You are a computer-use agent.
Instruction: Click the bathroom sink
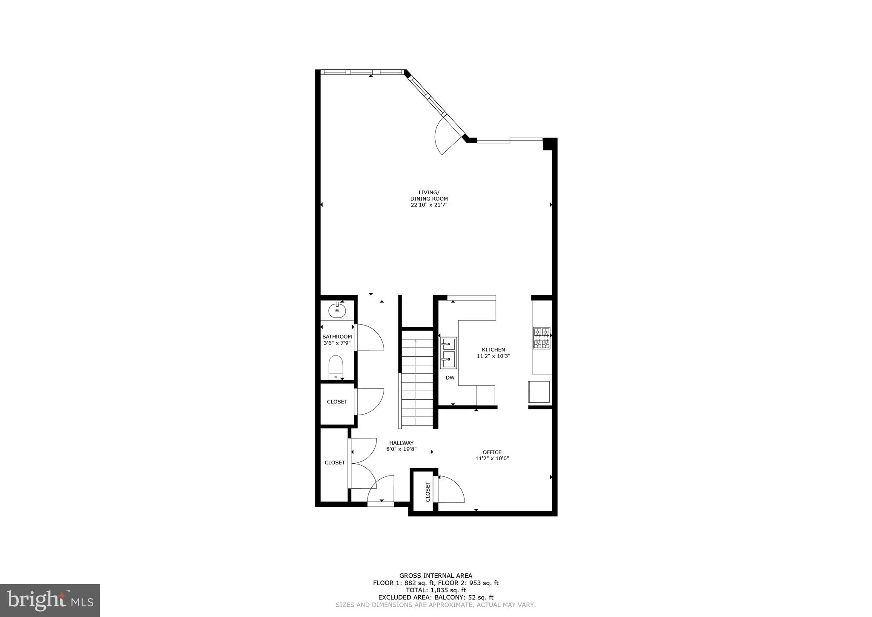click(x=337, y=310)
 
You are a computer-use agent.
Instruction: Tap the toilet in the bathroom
click(x=336, y=367)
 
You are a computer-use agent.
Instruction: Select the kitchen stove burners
click(x=541, y=338)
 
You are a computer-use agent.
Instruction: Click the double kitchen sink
click(x=448, y=353)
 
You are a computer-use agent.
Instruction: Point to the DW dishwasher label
click(x=450, y=378)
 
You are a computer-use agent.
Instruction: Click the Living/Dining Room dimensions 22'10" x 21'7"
click(x=429, y=205)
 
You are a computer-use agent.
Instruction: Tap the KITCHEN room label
click(x=493, y=350)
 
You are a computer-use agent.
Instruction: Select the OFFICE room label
click(x=492, y=452)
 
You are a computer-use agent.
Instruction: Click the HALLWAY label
click(x=401, y=443)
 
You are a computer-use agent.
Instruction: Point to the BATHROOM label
click(x=337, y=337)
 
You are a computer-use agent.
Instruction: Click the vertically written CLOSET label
click(x=427, y=491)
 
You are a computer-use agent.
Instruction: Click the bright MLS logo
click(x=50, y=600)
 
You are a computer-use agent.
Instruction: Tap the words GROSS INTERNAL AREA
click(x=436, y=576)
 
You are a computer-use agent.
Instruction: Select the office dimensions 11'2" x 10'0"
click(x=492, y=458)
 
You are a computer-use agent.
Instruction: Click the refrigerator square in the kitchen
click(x=539, y=392)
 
